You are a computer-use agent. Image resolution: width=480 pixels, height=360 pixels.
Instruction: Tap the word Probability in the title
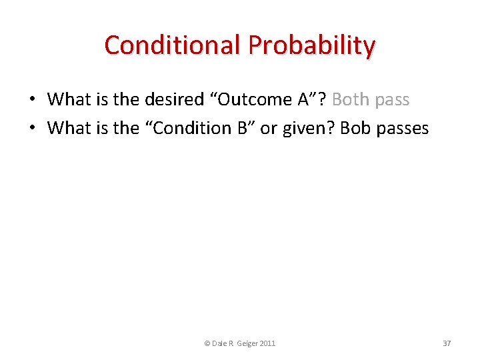(312, 45)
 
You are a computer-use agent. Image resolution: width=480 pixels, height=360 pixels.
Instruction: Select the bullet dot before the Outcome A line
(32, 100)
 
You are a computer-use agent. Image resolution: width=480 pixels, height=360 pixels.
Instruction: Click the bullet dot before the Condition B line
(32, 128)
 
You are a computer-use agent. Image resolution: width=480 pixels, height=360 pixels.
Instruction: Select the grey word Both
(351, 100)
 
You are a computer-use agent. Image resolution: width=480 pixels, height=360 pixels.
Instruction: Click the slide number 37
(447, 343)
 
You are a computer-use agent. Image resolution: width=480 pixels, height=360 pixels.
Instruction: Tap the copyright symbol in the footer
(207, 343)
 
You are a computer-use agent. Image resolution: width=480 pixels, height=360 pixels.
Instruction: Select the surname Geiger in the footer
(247, 343)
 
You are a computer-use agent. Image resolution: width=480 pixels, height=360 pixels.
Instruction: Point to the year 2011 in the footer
(268, 343)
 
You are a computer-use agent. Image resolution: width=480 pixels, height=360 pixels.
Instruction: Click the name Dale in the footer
(219, 343)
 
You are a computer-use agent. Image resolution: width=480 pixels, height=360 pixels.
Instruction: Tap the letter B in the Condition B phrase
(243, 128)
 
